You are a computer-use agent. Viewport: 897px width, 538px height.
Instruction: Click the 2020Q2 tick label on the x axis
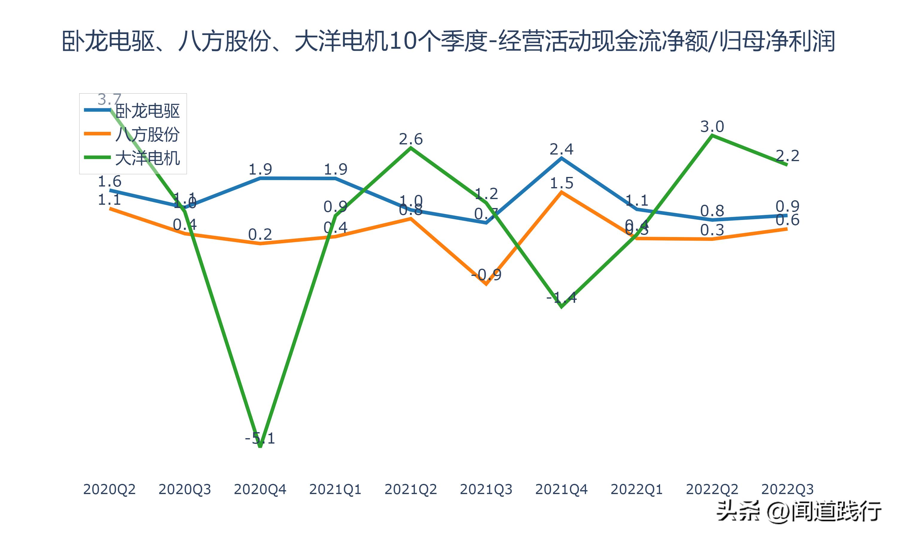tap(109, 489)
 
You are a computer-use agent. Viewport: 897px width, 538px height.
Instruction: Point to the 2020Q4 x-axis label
tap(260, 489)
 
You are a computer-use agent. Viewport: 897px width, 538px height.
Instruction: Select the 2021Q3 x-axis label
tap(486, 489)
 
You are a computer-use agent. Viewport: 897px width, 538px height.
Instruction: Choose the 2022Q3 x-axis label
tap(787, 489)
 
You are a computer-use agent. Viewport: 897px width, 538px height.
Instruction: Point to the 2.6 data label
tap(411, 139)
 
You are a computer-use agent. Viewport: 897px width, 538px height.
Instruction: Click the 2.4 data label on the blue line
tap(562, 149)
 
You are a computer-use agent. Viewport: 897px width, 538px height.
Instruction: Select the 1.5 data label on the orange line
tap(562, 184)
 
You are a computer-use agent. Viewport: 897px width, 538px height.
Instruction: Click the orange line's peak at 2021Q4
tap(562, 192)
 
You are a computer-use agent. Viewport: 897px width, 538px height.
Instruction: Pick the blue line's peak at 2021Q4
tap(562, 158)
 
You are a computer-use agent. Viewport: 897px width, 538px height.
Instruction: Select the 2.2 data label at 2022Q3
tap(787, 156)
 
